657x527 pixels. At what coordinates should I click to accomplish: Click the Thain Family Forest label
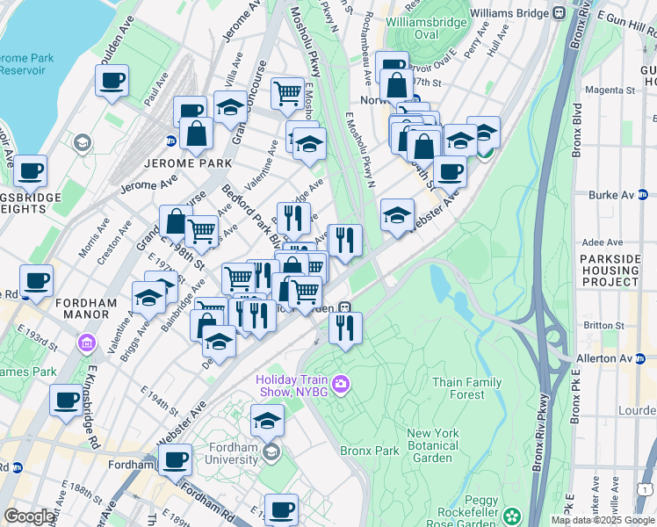coord(466,388)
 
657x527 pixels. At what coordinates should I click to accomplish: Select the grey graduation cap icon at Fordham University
coord(271,451)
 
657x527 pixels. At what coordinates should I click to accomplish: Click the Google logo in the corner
coord(28,516)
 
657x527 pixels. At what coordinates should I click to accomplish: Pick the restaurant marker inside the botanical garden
coord(345,328)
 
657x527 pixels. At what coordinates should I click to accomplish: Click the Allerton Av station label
coord(613,359)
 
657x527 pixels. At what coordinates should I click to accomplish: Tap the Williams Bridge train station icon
coord(556,13)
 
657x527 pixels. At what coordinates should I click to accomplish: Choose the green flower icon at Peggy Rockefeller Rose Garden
coord(511,515)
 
